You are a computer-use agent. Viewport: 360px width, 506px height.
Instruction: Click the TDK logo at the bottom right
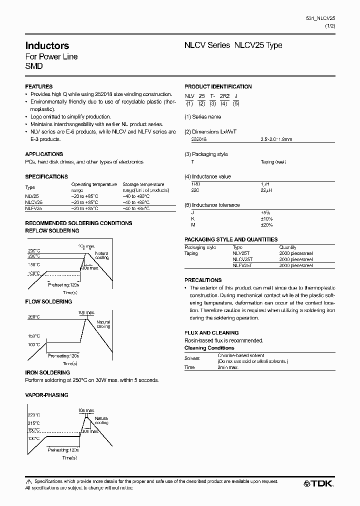[x=318, y=483]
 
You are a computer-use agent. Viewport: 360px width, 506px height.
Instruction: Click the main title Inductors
[x=47, y=45]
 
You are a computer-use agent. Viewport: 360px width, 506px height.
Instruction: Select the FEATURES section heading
[x=38, y=86]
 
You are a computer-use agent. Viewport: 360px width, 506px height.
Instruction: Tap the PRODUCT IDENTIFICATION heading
[x=218, y=86]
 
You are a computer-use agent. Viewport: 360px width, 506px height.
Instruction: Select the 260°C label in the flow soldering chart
[x=34, y=317]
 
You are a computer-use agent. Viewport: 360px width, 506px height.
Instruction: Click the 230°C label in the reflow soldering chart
[x=34, y=250]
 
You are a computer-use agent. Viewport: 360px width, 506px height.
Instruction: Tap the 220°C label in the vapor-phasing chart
[x=34, y=415]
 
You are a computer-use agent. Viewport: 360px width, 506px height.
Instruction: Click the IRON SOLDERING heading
[x=47, y=372]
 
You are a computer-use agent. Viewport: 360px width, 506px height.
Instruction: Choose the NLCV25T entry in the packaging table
[x=242, y=259]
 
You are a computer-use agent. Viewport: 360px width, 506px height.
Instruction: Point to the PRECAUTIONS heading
[x=203, y=280]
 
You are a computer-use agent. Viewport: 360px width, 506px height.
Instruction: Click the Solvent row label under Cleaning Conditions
[x=192, y=358]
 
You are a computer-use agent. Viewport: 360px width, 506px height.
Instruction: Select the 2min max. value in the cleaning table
[x=228, y=367]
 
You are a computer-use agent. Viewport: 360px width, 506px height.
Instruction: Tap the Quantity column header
[x=287, y=247]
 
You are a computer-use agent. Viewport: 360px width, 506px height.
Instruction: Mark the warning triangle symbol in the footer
[x=28, y=481]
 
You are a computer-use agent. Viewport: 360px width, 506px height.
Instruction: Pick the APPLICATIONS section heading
[x=44, y=154]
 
